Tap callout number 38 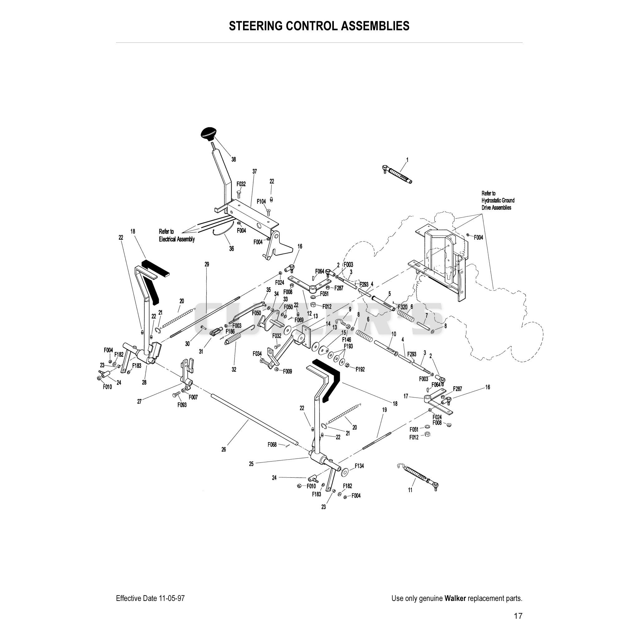tap(233, 159)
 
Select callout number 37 tap(254, 171)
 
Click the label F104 tap(261, 202)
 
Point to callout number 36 tap(232, 248)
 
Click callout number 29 tap(207, 264)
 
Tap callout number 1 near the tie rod tap(407, 160)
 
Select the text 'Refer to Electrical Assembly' tap(177, 235)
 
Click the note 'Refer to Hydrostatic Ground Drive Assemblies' tap(498, 200)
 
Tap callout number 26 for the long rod tap(224, 450)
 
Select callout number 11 tap(410, 490)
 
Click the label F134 tap(359, 466)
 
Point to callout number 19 tap(384, 410)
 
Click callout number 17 tap(406, 396)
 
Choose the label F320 tap(402, 307)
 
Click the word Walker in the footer tap(455, 598)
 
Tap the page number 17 tap(518, 616)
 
